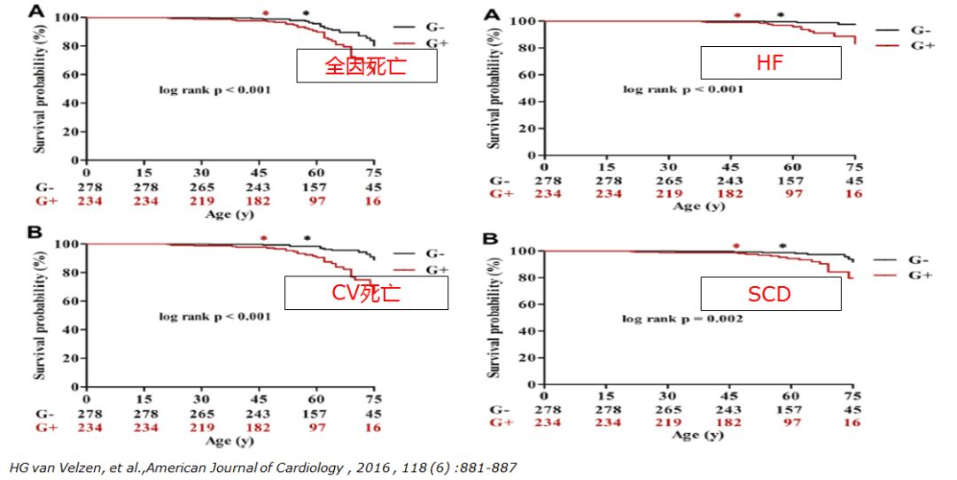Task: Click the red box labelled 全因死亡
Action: pos(366,66)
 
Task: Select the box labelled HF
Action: pos(770,62)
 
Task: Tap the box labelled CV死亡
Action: pos(366,292)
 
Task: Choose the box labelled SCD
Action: pos(770,293)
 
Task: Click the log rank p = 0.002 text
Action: pos(682,318)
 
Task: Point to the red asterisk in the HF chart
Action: pos(736,16)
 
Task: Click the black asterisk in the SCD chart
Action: pos(782,247)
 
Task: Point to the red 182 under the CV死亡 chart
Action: pos(260,427)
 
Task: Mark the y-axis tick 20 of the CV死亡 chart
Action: pos(68,359)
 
